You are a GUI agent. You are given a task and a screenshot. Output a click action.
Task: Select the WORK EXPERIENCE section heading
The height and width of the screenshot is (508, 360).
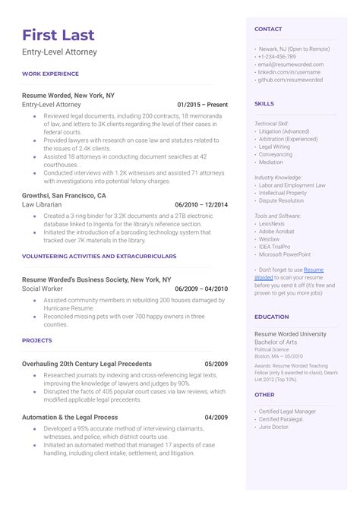[50, 74]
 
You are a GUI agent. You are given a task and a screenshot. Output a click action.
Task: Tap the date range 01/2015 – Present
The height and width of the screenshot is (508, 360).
[202, 104]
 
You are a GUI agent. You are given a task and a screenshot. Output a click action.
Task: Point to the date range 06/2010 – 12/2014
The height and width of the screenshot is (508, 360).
[201, 205]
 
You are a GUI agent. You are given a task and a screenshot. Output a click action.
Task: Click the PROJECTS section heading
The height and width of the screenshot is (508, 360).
[37, 341]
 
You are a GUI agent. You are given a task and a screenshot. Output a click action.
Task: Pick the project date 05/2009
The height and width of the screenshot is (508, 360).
[216, 364]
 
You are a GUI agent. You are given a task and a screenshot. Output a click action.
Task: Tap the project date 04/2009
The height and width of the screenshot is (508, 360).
[216, 418]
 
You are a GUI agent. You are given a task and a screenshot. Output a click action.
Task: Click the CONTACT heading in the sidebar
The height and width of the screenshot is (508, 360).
[268, 29]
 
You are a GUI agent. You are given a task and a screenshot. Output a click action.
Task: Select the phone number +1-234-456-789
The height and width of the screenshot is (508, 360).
[277, 56]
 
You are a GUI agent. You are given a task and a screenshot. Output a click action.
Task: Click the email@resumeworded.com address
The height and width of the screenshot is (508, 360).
[290, 65]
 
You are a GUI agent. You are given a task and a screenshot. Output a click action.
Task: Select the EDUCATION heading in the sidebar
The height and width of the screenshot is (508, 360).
[272, 317]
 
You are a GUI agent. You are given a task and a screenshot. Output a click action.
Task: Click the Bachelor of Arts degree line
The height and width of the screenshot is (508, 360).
[280, 342]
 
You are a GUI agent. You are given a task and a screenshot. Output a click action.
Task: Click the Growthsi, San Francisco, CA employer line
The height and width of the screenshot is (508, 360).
[64, 195]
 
